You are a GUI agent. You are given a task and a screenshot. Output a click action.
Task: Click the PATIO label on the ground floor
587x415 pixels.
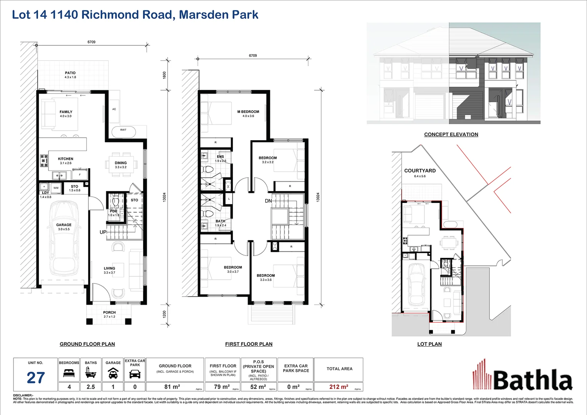pos(70,73)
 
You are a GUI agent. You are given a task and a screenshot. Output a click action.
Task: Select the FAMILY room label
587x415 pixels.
pos(66,112)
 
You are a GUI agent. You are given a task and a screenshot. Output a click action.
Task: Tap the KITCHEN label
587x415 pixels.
pos(65,159)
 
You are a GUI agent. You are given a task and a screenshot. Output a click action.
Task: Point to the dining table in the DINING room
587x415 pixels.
pos(121,165)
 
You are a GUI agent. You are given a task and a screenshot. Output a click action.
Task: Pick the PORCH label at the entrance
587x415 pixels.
pos(110,312)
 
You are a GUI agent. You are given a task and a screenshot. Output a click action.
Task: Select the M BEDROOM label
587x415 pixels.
pos(248,112)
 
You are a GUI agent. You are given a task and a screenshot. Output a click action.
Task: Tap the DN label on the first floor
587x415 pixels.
pos(268,201)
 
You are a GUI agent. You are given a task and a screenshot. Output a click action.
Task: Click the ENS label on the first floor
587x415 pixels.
pos(220,157)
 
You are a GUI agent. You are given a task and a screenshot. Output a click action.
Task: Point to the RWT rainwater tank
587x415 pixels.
pos(123,130)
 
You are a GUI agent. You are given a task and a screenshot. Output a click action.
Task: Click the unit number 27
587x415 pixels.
pos(36,378)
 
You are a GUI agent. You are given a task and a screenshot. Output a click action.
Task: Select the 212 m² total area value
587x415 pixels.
pos(339,387)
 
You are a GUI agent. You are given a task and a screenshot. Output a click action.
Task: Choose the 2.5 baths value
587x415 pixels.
pos(91,387)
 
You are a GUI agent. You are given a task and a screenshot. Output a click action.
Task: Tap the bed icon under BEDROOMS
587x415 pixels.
pos(69,373)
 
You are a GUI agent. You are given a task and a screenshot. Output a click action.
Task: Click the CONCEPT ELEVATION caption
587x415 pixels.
pos(451,134)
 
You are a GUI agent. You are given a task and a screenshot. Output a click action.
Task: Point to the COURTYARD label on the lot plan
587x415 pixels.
pos(420,171)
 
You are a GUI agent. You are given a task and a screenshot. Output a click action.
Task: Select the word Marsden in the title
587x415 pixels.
pos(200,15)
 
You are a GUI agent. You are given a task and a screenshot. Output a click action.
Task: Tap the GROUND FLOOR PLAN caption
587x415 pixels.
pos(87,344)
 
